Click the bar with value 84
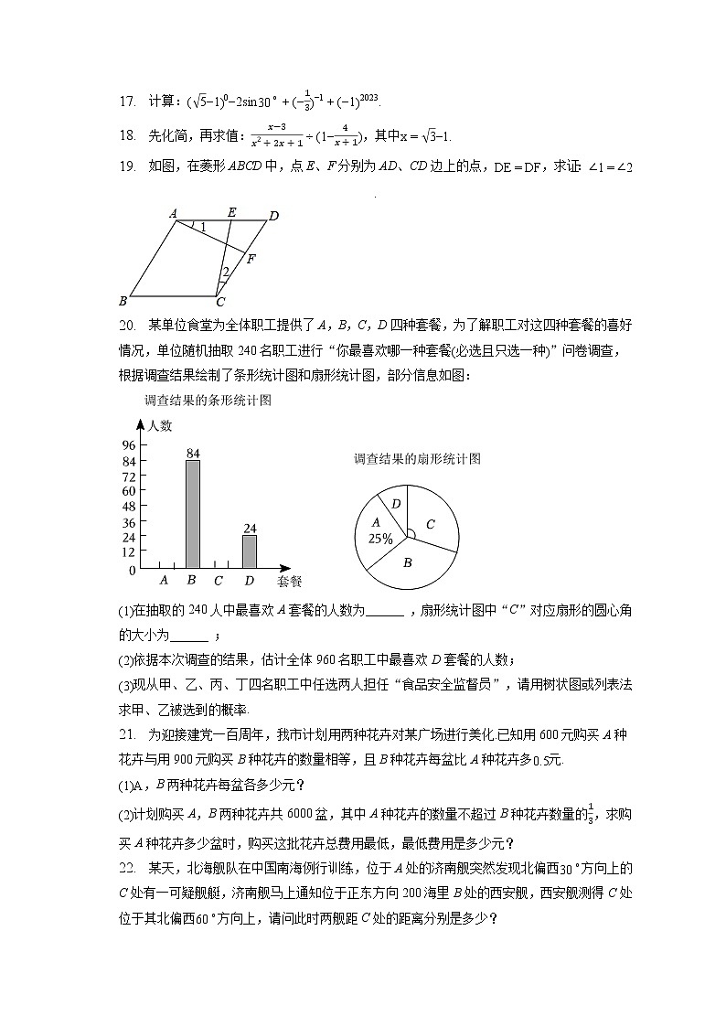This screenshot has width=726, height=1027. tap(193, 513)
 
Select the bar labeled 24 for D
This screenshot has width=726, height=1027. tap(249, 551)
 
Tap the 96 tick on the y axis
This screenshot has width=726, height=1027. tap(128, 444)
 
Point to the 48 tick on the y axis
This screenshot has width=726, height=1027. tap(128, 506)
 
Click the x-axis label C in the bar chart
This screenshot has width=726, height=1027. tap(218, 580)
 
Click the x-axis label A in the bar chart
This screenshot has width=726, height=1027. tap(164, 580)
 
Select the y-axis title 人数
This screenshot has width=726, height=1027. tap(160, 425)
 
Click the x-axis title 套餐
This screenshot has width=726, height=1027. tap(289, 581)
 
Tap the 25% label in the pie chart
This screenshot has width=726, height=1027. tap(380, 539)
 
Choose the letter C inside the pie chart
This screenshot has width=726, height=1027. tap(429, 524)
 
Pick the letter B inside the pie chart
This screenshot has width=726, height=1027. tap(408, 562)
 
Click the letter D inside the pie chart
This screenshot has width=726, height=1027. tap(395, 504)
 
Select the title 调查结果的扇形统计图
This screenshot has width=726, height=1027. tap(417, 459)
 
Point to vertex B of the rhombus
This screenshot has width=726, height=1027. tap(123, 300)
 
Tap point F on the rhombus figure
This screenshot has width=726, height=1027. tap(250, 259)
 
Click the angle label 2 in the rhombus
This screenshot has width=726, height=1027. tap(225, 272)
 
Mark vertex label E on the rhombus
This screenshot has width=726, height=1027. tap(231, 212)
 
